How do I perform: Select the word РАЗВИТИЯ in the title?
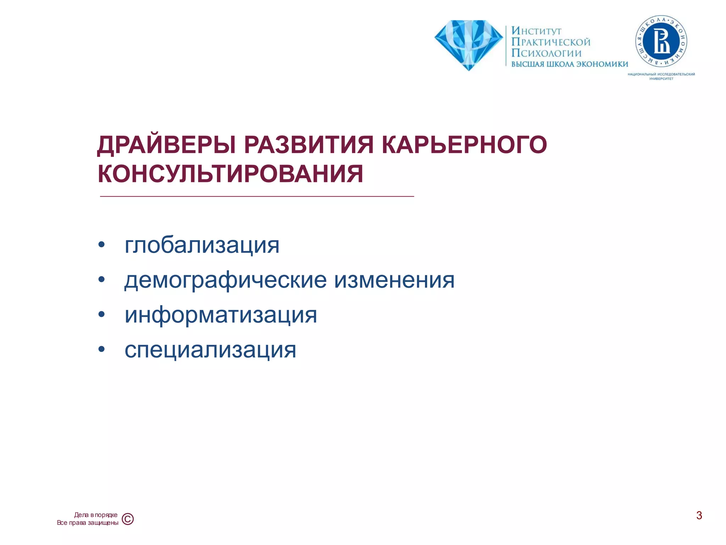(308, 145)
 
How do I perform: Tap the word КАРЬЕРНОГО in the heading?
(464, 145)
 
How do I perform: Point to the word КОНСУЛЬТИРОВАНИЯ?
(230, 174)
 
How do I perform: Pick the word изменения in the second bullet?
(394, 280)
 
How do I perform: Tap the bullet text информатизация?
(220, 315)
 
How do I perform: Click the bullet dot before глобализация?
(102, 245)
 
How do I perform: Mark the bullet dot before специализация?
(102, 349)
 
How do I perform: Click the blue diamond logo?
(468, 44)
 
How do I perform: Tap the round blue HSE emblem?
(661, 42)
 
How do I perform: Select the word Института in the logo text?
(536, 31)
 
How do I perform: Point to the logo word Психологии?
(546, 53)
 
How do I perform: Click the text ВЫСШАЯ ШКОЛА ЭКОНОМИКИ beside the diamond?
(569, 64)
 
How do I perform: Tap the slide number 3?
(699, 515)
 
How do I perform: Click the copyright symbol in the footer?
(128, 519)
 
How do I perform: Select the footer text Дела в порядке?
(96, 515)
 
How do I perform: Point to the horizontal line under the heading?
(257, 196)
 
